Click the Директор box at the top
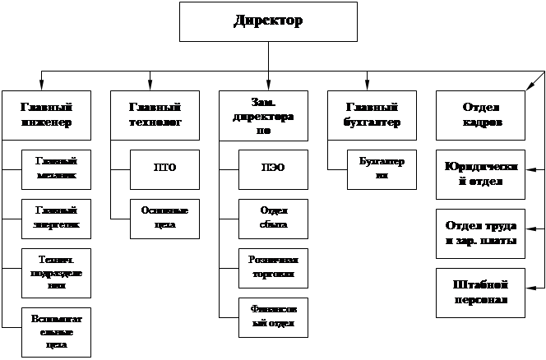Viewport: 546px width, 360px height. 268,21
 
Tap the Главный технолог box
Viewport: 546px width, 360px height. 155,115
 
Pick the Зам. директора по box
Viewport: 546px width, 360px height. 263,115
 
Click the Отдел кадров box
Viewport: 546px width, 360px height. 482,115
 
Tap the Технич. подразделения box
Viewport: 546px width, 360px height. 57,270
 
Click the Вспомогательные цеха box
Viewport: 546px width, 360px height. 57,330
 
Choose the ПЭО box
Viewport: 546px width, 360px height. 273,168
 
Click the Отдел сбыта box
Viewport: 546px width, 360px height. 273,217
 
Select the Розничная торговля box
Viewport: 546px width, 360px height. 273,265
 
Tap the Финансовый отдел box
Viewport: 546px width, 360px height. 273,316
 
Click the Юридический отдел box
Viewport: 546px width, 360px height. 481,174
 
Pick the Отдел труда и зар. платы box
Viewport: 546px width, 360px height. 481,233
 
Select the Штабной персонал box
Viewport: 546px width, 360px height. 481,292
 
